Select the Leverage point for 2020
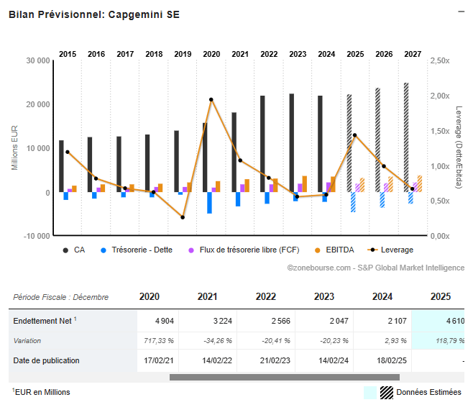tap(211, 100)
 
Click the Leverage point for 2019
tap(183, 217)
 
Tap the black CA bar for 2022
tap(262, 144)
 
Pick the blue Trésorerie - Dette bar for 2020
tap(209, 203)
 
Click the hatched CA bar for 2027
tap(406, 137)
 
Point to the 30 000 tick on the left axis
tap(37, 61)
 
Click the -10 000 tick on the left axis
tap(36, 236)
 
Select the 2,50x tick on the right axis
tap(440, 61)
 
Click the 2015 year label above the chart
tap(68, 54)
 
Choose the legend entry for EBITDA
tap(338, 250)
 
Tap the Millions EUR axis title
tap(14, 148)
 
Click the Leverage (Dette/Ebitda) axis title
tap(459, 147)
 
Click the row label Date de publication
tap(47, 360)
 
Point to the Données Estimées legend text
tap(429, 392)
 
